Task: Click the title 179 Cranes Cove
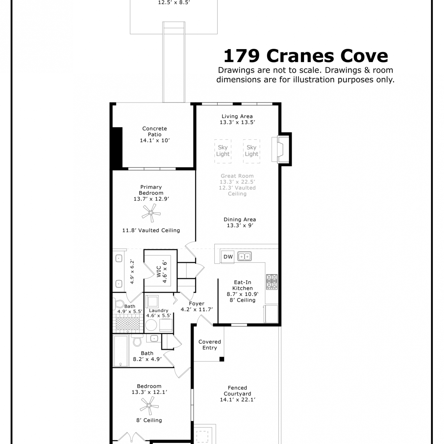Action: (x=306, y=56)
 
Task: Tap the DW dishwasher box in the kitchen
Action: (x=228, y=257)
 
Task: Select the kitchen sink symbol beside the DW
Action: (x=244, y=256)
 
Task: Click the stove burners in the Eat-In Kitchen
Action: (x=272, y=281)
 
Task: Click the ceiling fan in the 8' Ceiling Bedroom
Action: (x=149, y=406)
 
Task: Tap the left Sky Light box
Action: (x=223, y=151)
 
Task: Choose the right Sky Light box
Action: (x=252, y=151)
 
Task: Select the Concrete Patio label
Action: (x=155, y=134)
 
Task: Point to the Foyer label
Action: (x=197, y=304)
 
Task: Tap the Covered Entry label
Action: (x=210, y=345)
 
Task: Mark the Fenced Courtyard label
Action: (x=237, y=391)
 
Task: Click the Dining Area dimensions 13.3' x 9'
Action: (x=240, y=226)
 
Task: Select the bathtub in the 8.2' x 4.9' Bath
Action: (x=121, y=351)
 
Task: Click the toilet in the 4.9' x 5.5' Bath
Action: (x=119, y=304)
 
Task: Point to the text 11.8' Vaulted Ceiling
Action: (x=151, y=230)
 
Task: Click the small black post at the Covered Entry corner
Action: (x=222, y=359)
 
